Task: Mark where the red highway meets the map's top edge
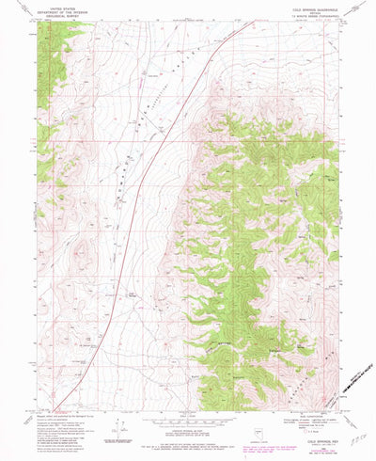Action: tap(254, 22)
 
